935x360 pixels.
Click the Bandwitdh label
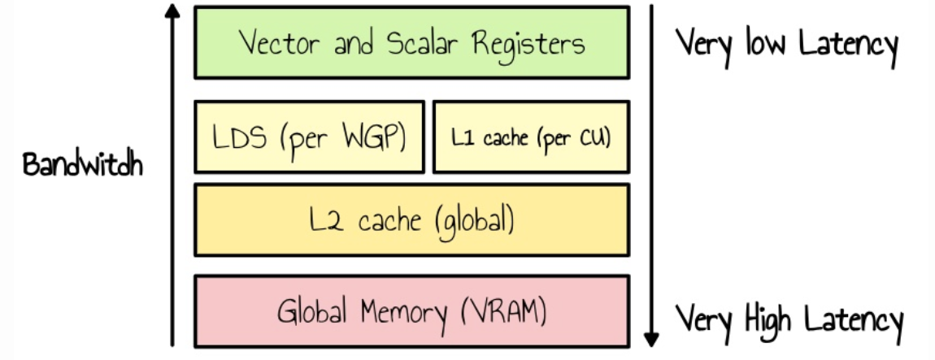click(x=83, y=167)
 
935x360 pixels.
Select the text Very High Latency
click(x=789, y=318)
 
